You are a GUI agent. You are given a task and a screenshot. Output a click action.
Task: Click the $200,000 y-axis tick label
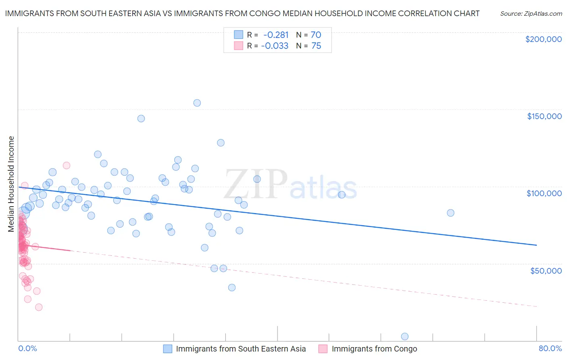click(543, 39)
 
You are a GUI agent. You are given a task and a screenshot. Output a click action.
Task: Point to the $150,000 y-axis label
click(544, 116)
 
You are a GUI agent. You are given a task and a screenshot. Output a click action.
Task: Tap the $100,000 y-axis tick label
click(544, 193)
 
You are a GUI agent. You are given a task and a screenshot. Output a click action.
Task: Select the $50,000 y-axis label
click(546, 270)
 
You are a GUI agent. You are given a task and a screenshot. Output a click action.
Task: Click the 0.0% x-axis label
click(27, 349)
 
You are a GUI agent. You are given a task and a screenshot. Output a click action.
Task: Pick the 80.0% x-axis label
click(550, 349)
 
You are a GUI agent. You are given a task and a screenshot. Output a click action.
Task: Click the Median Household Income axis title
click(11, 184)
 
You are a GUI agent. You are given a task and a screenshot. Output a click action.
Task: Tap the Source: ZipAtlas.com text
click(531, 14)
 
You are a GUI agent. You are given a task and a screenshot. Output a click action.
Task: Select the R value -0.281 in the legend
click(276, 35)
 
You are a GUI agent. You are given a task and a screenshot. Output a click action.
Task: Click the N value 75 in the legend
click(316, 46)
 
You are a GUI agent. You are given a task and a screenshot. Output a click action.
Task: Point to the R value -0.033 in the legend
click(275, 46)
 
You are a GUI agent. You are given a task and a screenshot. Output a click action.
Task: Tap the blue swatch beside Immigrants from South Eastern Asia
click(168, 349)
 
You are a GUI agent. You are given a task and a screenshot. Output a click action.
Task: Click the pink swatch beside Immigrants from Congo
click(323, 349)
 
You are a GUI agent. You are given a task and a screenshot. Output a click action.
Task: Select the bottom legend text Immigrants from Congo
click(374, 349)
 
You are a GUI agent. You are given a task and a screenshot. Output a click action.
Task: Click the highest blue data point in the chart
click(197, 103)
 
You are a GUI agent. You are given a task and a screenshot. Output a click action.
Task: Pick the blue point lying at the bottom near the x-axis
click(404, 337)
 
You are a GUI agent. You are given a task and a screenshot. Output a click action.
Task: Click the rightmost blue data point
click(450, 213)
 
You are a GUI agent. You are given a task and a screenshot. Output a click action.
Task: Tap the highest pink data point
click(67, 165)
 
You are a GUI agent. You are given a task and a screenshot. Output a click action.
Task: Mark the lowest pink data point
click(39, 307)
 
